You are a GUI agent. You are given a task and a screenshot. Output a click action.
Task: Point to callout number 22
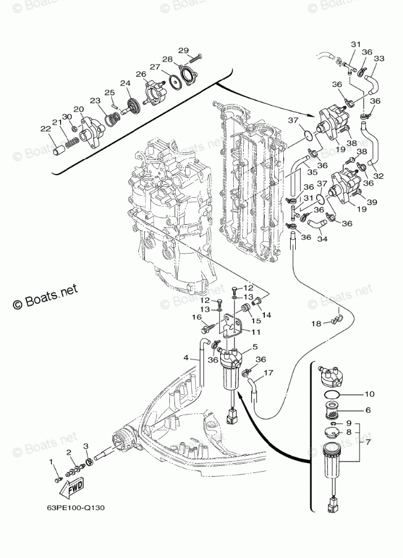(46, 129)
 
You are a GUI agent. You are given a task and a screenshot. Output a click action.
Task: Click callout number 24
(126, 83)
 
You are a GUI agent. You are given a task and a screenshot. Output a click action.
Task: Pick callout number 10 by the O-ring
(369, 394)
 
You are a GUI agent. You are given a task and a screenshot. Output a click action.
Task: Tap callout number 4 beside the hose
(186, 357)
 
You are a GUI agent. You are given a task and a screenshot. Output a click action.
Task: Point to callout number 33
(379, 59)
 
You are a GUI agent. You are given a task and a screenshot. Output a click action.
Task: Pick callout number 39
(372, 202)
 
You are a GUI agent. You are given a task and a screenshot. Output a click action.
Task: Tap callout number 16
(197, 317)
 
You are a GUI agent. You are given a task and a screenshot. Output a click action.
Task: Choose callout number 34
(323, 239)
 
